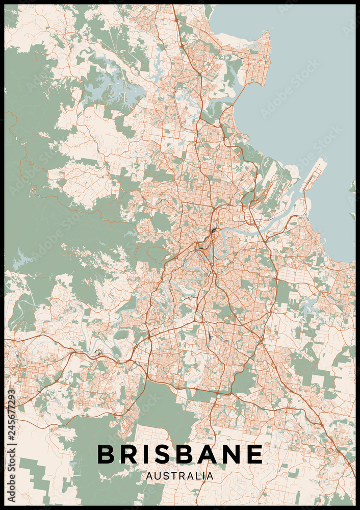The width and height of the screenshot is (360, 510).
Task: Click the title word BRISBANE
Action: click(x=179, y=454)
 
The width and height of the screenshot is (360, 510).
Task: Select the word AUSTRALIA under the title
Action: click(x=179, y=476)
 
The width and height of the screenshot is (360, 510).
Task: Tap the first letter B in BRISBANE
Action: click(x=106, y=454)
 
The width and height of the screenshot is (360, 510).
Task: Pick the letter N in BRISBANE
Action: click(x=232, y=454)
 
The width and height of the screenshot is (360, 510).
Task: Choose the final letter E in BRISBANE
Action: click(x=255, y=454)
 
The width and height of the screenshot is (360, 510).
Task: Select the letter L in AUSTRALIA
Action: click(x=198, y=476)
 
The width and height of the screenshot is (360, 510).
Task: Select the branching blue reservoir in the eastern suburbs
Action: click(x=308, y=306)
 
